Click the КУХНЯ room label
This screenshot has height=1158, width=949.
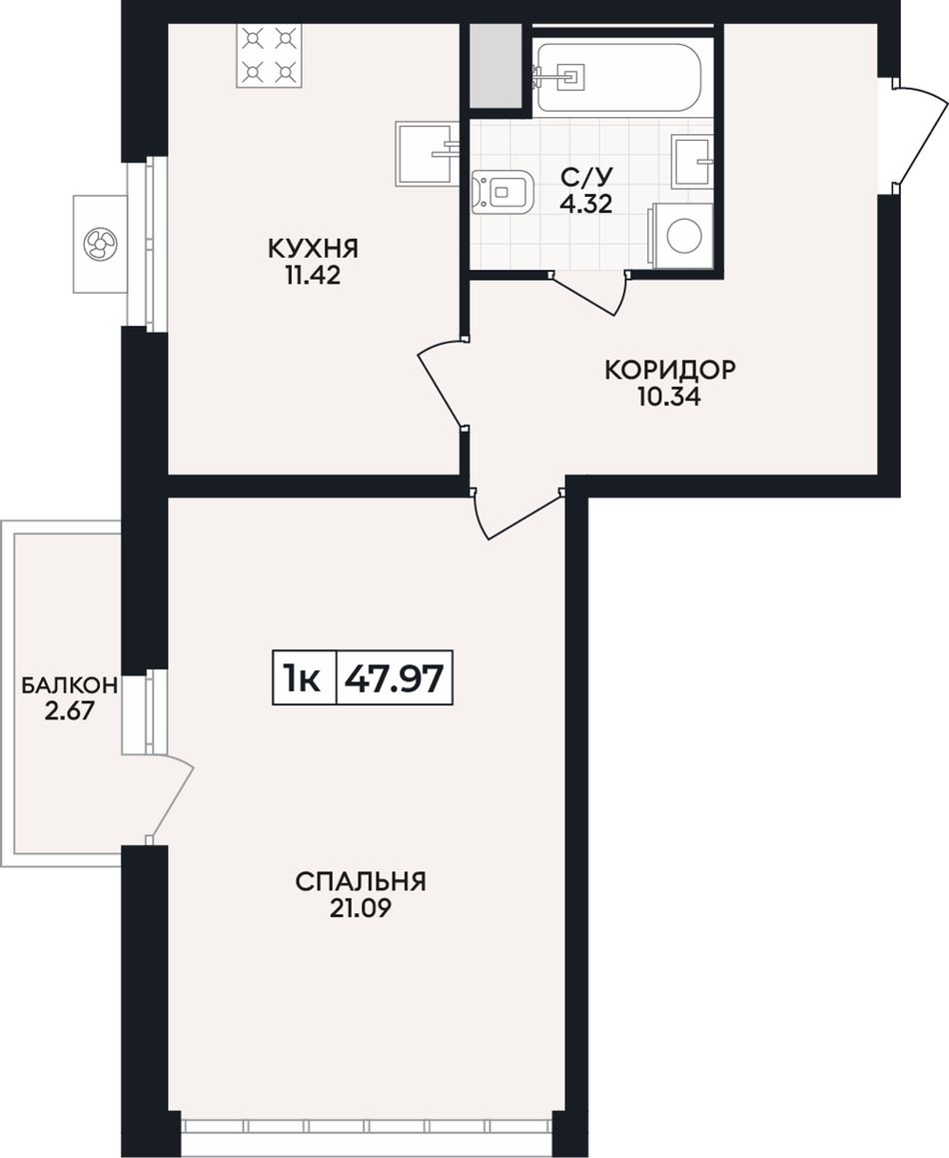tap(313, 248)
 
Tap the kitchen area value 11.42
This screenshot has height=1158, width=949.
tap(313, 276)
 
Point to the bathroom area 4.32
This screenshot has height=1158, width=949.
tap(586, 203)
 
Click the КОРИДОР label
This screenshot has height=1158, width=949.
tap(670, 369)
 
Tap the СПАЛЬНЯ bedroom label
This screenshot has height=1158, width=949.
tap(362, 881)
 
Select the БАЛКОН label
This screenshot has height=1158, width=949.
tap(69, 685)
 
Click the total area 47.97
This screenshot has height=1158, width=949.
tap(396, 678)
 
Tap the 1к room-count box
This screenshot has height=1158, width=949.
tap(305, 678)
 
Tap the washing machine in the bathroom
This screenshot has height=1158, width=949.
tap(680, 236)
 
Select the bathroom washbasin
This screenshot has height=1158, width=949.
tap(692, 160)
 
